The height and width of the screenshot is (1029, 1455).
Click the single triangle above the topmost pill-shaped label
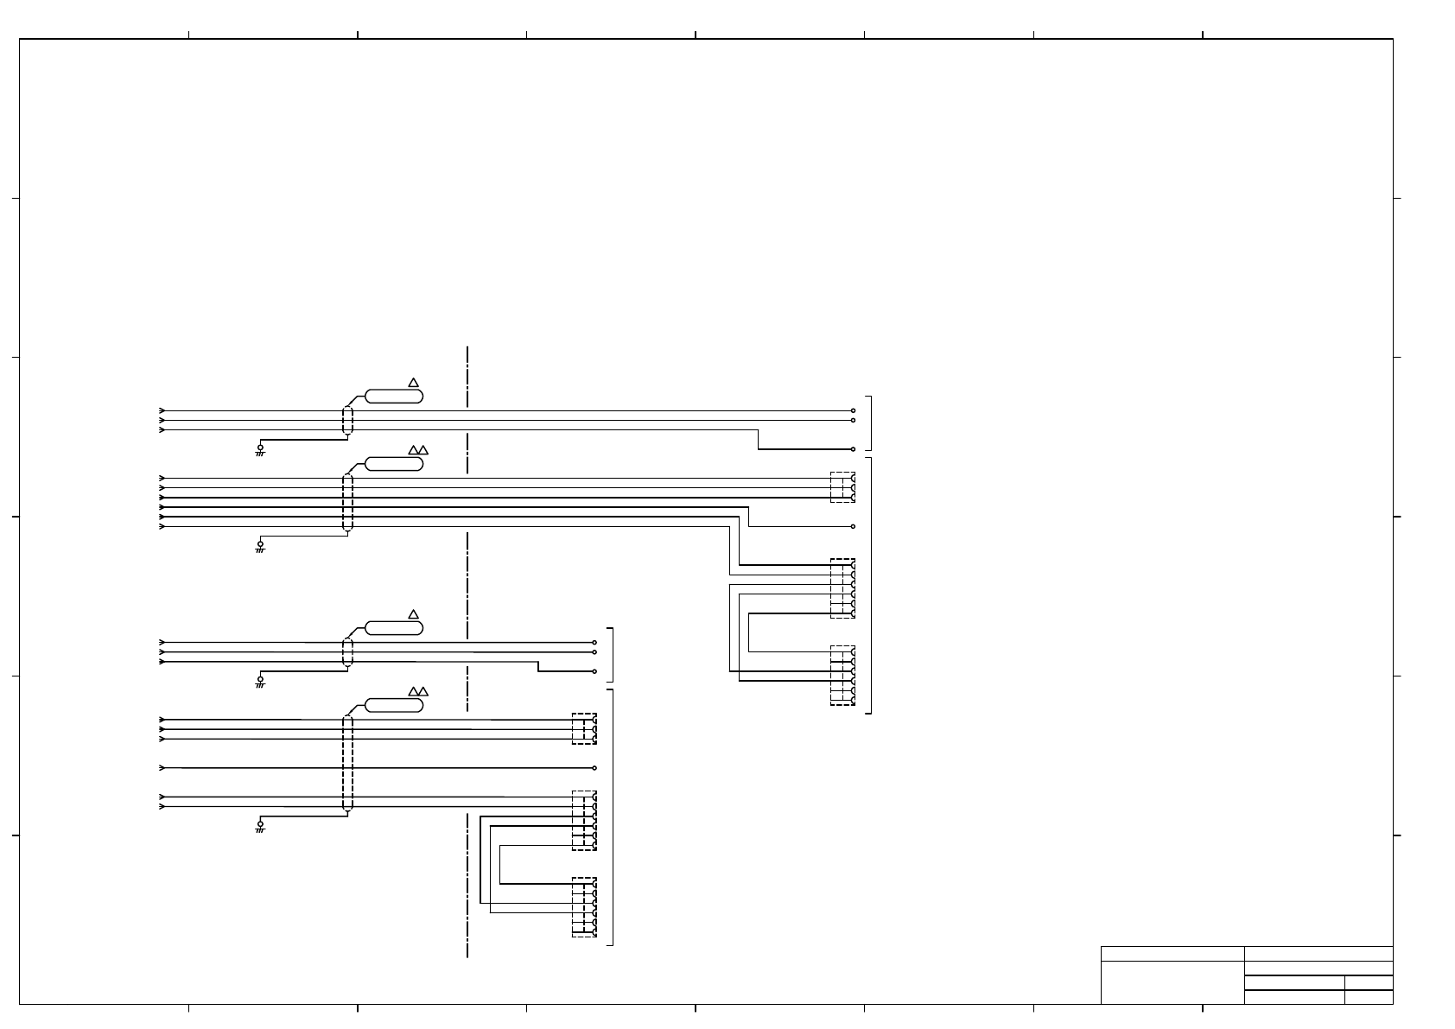(413, 383)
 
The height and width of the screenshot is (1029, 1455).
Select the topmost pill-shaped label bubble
(394, 396)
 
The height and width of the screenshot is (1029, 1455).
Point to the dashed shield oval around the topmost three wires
(347, 421)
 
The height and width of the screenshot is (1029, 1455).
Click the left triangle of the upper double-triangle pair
(413, 450)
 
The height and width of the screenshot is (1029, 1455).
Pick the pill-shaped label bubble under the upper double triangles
(394, 464)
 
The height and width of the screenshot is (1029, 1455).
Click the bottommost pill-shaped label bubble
(394, 705)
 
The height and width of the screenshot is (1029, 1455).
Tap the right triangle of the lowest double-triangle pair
(423, 691)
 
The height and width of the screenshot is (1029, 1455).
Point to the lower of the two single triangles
(413, 614)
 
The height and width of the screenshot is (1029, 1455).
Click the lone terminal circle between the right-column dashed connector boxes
(853, 526)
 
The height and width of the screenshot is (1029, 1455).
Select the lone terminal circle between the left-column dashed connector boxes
(594, 767)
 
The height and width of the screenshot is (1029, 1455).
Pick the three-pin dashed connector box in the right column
(842, 487)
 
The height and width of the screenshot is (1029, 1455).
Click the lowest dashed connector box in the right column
(842, 676)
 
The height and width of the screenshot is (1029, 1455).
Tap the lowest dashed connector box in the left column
(584, 907)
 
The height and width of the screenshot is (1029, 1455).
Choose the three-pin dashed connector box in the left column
(584, 728)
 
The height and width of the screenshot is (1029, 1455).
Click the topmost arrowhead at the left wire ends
(162, 410)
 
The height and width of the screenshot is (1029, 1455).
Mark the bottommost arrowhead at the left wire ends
(162, 806)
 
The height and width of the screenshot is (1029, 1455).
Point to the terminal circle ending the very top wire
(853, 411)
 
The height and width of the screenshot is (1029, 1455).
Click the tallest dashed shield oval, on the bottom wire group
(347, 763)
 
